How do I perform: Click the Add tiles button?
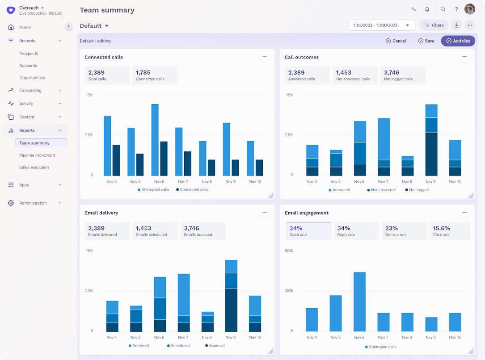pyautogui.click(x=458, y=41)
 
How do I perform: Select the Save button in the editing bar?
pyautogui.click(x=426, y=41)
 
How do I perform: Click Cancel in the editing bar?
pyautogui.click(x=396, y=41)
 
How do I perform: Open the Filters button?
pyautogui.click(x=434, y=25)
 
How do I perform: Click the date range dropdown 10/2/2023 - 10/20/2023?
pyautogui.click(x=381, y=25)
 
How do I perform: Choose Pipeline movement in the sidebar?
pyautogui.click(x=37, y=155)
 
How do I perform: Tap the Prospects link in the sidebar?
pyautogui.click(x=29, y=54)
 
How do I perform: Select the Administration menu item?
pyautogui.click(x=33, y=203)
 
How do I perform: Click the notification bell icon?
pyautogui.click(x=427, y=9)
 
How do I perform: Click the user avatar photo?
pyautogui.click(x=469, y=9)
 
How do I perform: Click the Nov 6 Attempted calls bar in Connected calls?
pyautogui.click(x=155, y=140)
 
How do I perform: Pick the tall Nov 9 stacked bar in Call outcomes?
pyautogui.click(x=431, y=140)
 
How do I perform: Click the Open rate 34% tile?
pyautogui.click(x=308, y=231)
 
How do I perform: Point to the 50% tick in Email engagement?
pyautogui.click(x=289, y=251)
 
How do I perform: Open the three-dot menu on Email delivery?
pyautogui.click(x=265, y=213)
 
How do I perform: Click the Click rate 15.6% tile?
pyautogui.click(x=449, y=231)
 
